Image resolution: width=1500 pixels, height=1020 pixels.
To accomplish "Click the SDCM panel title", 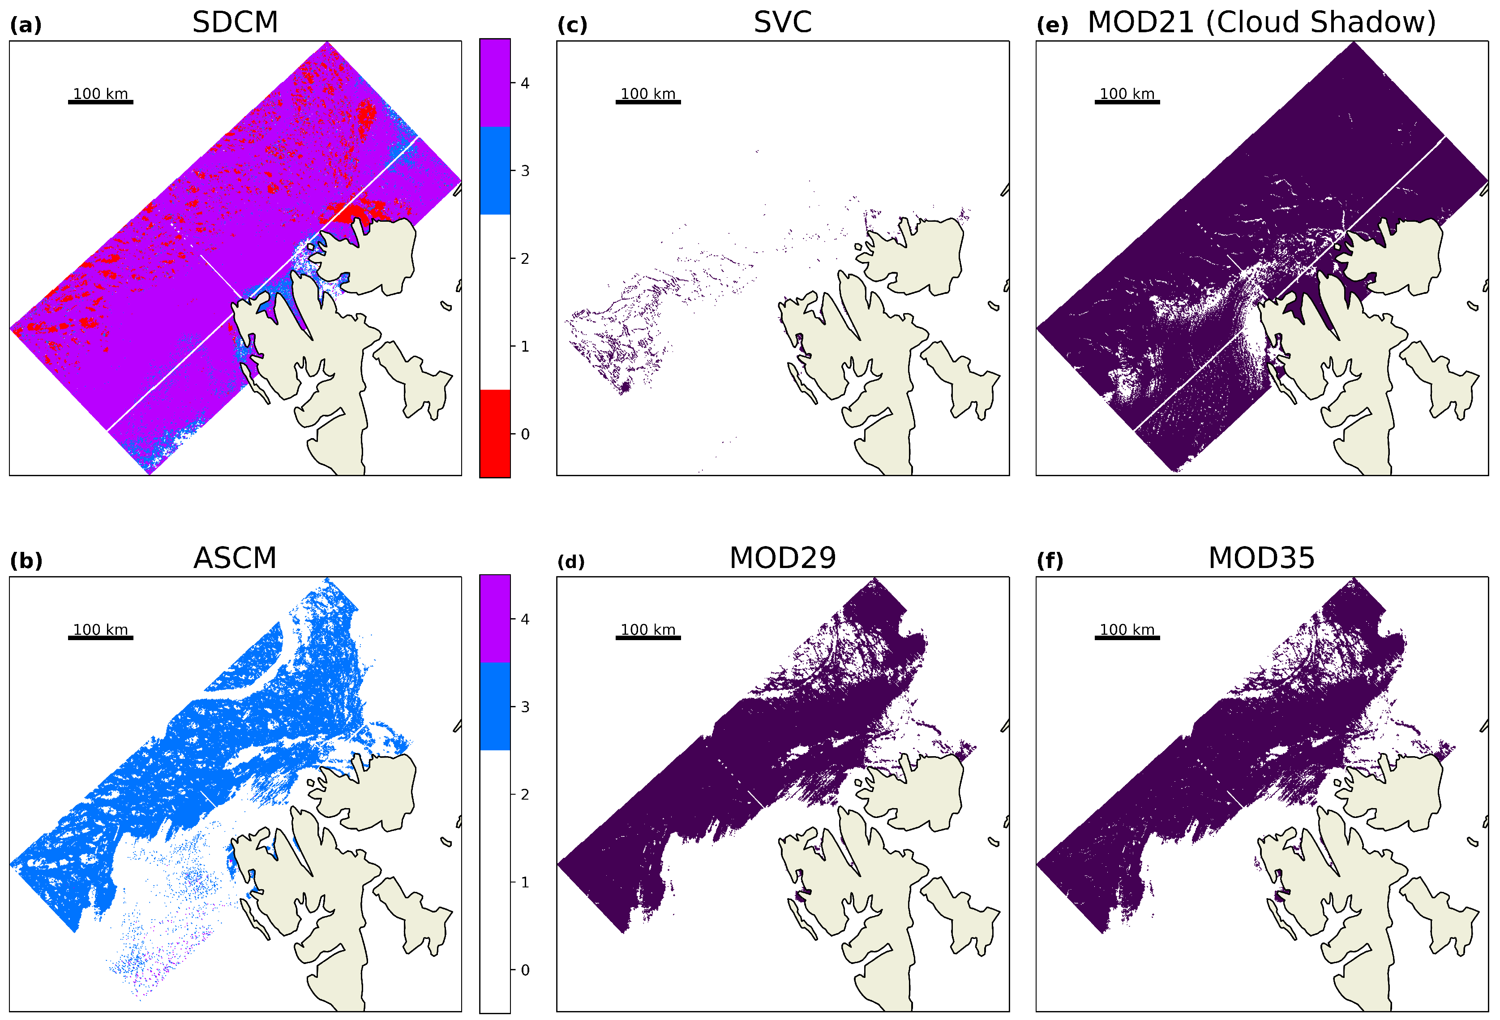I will click(x=235, y=22).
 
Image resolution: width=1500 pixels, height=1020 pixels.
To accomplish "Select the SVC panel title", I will click(x=782, y=22).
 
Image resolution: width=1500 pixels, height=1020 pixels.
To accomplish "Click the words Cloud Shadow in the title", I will click(x=1320, y=22).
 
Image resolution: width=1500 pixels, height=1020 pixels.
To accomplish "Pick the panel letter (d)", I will click(x=571, y=562).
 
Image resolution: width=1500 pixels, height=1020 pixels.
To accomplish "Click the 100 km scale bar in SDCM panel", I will click(x=101, y=102).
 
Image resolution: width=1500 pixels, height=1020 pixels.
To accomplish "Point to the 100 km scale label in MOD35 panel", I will click(x=1127, y=629).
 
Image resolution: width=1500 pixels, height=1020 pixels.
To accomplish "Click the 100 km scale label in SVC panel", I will click(x=648, y=94).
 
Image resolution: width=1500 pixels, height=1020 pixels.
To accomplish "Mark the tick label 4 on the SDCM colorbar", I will click(x=525, y=83).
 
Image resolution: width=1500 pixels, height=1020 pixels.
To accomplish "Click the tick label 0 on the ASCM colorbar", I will click(x=525, y=970).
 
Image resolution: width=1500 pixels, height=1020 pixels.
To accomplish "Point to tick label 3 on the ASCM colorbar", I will click(x=525, y=707).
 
